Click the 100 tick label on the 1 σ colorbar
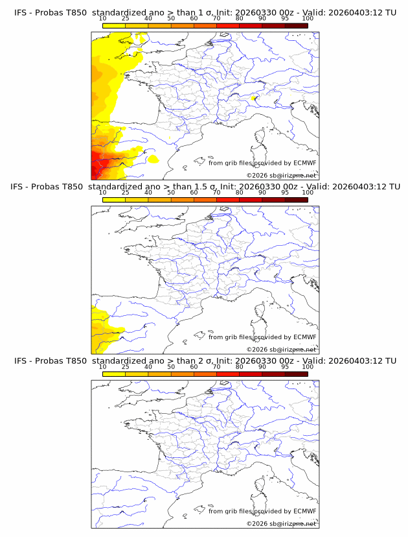point(308,19)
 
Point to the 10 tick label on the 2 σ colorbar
point(103,366)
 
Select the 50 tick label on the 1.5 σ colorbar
point(171,193)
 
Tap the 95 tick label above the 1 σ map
point(285,19)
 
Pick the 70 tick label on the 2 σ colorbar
point(216,366)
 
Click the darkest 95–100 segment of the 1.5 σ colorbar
point(296,200)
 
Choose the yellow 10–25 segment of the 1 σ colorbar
point(114,26)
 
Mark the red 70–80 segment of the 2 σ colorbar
point(227,374)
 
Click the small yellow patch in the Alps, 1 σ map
point(254,99)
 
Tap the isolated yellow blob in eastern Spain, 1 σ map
point(153,158)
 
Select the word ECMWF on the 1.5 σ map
point(304,337)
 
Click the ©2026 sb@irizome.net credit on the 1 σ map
point(281,176)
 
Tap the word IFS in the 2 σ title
point(21,361)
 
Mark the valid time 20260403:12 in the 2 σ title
point(356,361)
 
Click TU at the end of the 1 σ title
point(391,13)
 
